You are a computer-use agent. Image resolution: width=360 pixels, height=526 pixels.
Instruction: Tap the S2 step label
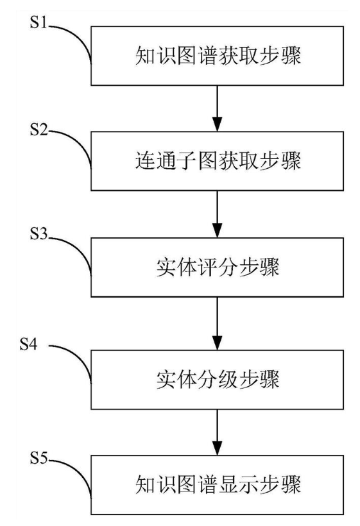click(40, 131)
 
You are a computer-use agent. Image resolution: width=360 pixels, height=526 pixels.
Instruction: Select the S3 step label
click(40, 237)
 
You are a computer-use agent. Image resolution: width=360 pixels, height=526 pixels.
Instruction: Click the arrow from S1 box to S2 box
click(219, 108)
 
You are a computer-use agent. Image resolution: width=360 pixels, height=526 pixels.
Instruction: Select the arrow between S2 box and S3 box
click(219, 215)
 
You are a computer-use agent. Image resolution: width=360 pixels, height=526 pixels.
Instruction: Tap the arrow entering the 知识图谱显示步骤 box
click(219, 430)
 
